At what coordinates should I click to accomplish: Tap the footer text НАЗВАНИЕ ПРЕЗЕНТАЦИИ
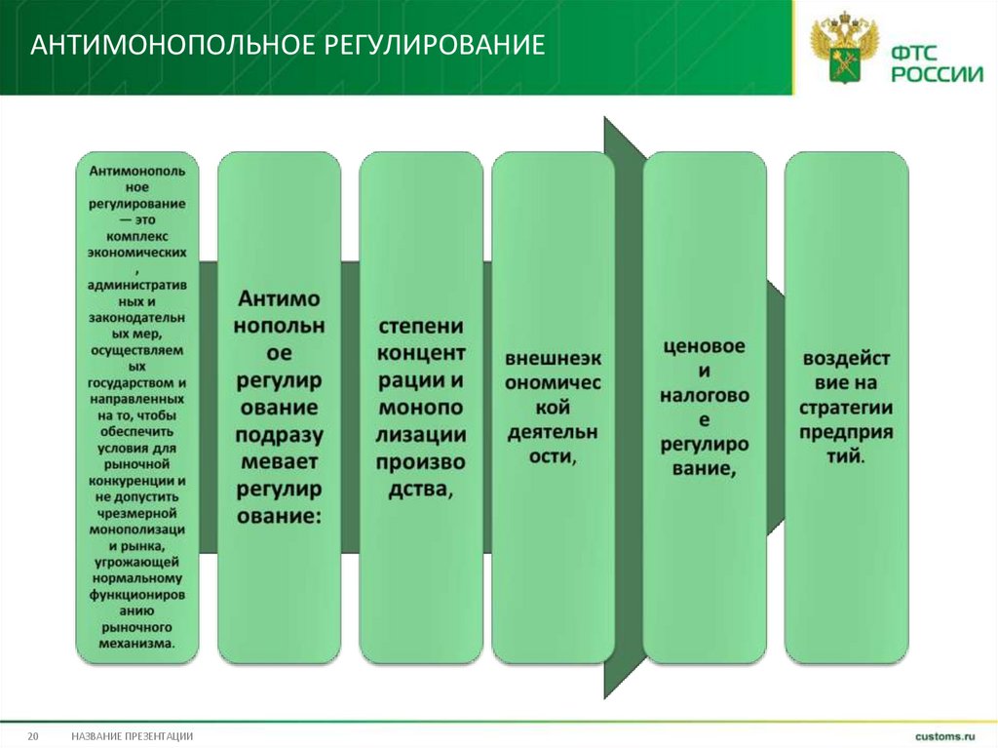[132, 735]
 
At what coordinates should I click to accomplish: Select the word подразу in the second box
[279, 434]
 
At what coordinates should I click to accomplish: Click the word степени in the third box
[421, 326]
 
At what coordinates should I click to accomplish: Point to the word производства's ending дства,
[421, 488]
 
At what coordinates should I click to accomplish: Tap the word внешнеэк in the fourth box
[553, 355]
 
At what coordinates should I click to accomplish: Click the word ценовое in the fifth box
[704, 346]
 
